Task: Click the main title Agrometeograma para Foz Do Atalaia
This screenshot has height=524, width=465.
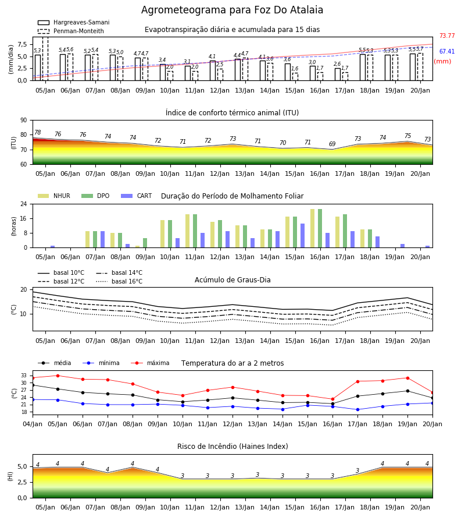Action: pos(232,10)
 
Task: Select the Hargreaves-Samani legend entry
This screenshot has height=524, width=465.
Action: pos(73,22)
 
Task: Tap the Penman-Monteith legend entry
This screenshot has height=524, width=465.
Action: pos(71,31)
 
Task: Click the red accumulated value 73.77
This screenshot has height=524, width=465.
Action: pos(447,36)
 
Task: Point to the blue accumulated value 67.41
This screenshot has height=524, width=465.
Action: pos(447,51)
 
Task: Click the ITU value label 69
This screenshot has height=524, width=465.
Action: pos(332,144)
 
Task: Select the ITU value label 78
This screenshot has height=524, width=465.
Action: pos(38,132)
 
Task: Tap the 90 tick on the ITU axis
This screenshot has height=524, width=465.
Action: pos(24,121)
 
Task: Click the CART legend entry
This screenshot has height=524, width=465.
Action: pos(137,196)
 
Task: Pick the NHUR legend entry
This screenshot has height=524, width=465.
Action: pos(54,196)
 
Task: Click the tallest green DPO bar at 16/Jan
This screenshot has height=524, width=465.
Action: pos(320,228)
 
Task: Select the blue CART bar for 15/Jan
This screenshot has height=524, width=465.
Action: pos(303,236)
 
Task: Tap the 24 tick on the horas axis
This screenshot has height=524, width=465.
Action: pos(24,204)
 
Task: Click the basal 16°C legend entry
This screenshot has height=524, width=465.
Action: pos(119,281)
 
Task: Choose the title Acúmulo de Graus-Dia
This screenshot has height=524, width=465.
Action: pos(233,280)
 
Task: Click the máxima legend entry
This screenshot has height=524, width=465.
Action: pos(151,363)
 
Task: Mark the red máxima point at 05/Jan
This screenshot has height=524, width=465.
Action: pos(58,376)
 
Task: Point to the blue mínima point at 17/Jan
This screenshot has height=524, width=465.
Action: pos(357,409)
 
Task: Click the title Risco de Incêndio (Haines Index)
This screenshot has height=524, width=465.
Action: pos(233,447)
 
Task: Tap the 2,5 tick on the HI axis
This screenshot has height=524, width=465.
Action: pos(23,482)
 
